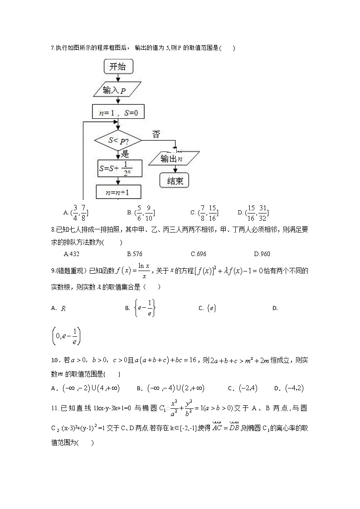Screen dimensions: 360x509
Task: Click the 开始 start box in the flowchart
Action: point(118,67)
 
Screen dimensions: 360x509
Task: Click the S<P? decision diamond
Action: point(117,140)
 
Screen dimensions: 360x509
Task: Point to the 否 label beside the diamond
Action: point(156,134)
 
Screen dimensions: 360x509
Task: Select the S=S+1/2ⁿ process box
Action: point(120,168)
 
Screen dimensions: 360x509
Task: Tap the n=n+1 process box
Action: point(118,192)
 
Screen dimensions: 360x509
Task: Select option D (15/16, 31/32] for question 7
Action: point(253,212)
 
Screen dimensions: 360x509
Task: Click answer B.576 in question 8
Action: point(135,254)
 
